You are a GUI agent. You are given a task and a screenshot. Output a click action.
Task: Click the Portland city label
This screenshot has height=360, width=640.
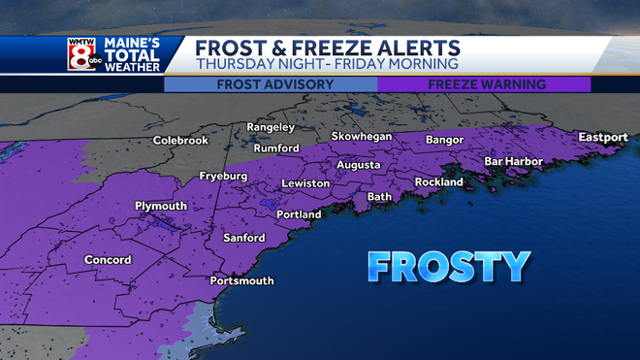[x=299, y=214]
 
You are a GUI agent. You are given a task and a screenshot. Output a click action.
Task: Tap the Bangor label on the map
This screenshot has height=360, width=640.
[x=446, y=141]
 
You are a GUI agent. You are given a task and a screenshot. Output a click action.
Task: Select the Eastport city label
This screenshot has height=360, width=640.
[x=603, y=138]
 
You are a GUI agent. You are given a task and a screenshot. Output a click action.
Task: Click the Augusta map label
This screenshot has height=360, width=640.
[x=358, y=165]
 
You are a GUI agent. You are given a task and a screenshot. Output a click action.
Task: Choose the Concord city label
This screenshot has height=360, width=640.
[x=107, y=260]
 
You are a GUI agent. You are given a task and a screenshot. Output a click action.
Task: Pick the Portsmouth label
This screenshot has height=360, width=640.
[x=241, y=281]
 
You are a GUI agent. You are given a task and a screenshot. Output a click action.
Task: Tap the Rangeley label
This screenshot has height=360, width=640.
[x=271, y=127]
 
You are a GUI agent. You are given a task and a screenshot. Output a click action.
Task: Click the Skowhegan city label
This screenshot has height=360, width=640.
[x=362, y=137]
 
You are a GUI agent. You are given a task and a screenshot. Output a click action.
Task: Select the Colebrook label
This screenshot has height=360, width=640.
[x=180, y=141]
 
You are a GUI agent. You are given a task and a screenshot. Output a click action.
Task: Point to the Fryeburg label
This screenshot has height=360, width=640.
[x=224, y=177]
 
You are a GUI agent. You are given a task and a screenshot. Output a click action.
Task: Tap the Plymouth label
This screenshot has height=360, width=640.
[x=161, y=206]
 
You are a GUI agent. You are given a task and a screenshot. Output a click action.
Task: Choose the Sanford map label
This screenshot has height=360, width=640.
[x=243, y=238]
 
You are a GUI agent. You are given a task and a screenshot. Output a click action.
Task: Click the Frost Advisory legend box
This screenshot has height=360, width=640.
[x=270, y=84]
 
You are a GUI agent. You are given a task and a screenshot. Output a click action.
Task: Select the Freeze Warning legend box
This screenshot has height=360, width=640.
[x=484, y=84]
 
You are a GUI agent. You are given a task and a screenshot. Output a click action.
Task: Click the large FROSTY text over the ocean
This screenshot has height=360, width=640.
[x=448, y=266]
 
